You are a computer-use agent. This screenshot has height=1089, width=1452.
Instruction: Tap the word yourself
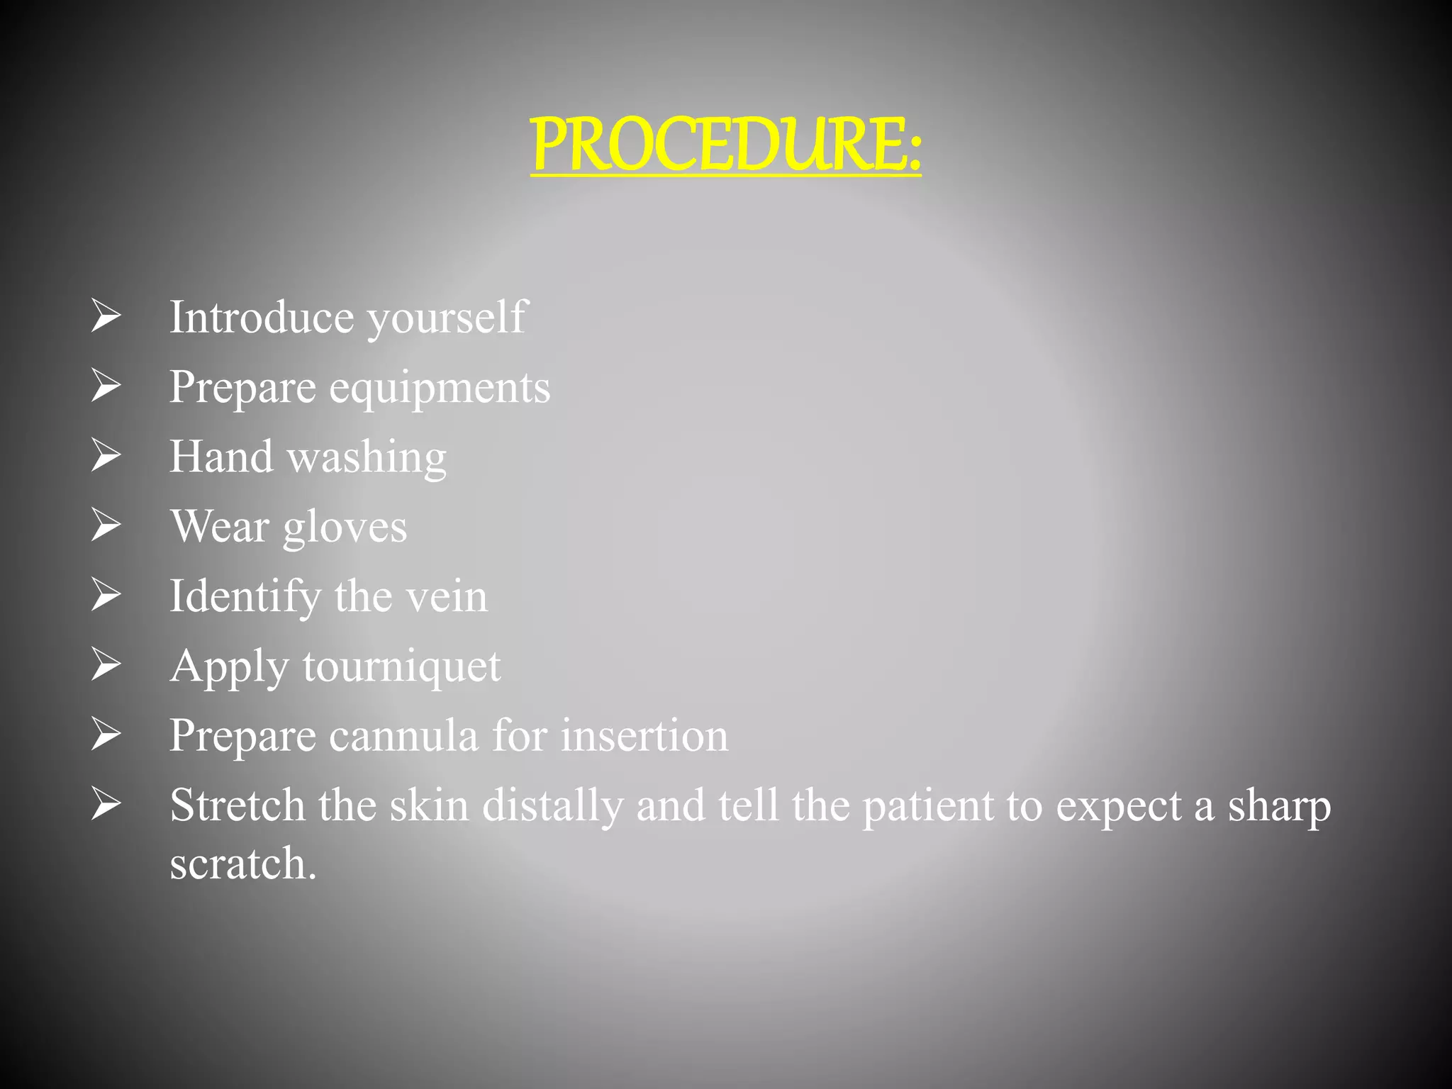pyautogui.click(x=447, y=318)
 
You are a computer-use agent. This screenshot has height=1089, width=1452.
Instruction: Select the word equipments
pyautogui.click(x=440, y=389)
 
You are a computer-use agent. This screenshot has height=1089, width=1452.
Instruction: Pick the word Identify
pyautogui.click(x=245, y=597)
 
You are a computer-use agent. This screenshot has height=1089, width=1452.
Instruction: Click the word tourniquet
pyautogui.click(x=401, y=667)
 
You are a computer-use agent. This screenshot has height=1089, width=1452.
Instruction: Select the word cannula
pyautogui.click(x=403, y=736)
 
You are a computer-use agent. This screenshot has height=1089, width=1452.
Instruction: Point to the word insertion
pyautogui.click(x=644, y=736)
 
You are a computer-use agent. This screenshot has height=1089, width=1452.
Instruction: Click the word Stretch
pyautogui.click(x=237, y=805)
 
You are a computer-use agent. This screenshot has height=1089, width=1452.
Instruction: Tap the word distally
pyautogui.click(x=552, y=807)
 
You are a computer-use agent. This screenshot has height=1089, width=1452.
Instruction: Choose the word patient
pyautogui.click(x=928, y=807)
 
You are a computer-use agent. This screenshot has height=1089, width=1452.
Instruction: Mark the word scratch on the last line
pyautogui.click(x=242, y=864)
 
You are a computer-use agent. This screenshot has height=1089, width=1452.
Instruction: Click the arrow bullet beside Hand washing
pyautogui.click(x=106, y=455)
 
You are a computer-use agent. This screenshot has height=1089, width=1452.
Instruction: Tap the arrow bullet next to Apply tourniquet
pyautogui.click(x=106, y=665)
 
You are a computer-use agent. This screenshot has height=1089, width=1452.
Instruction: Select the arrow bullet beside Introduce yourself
pyautogui.click(x=106, y=315)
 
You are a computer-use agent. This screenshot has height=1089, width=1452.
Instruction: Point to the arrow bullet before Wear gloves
pyautogui.click(x=106, y=525)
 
